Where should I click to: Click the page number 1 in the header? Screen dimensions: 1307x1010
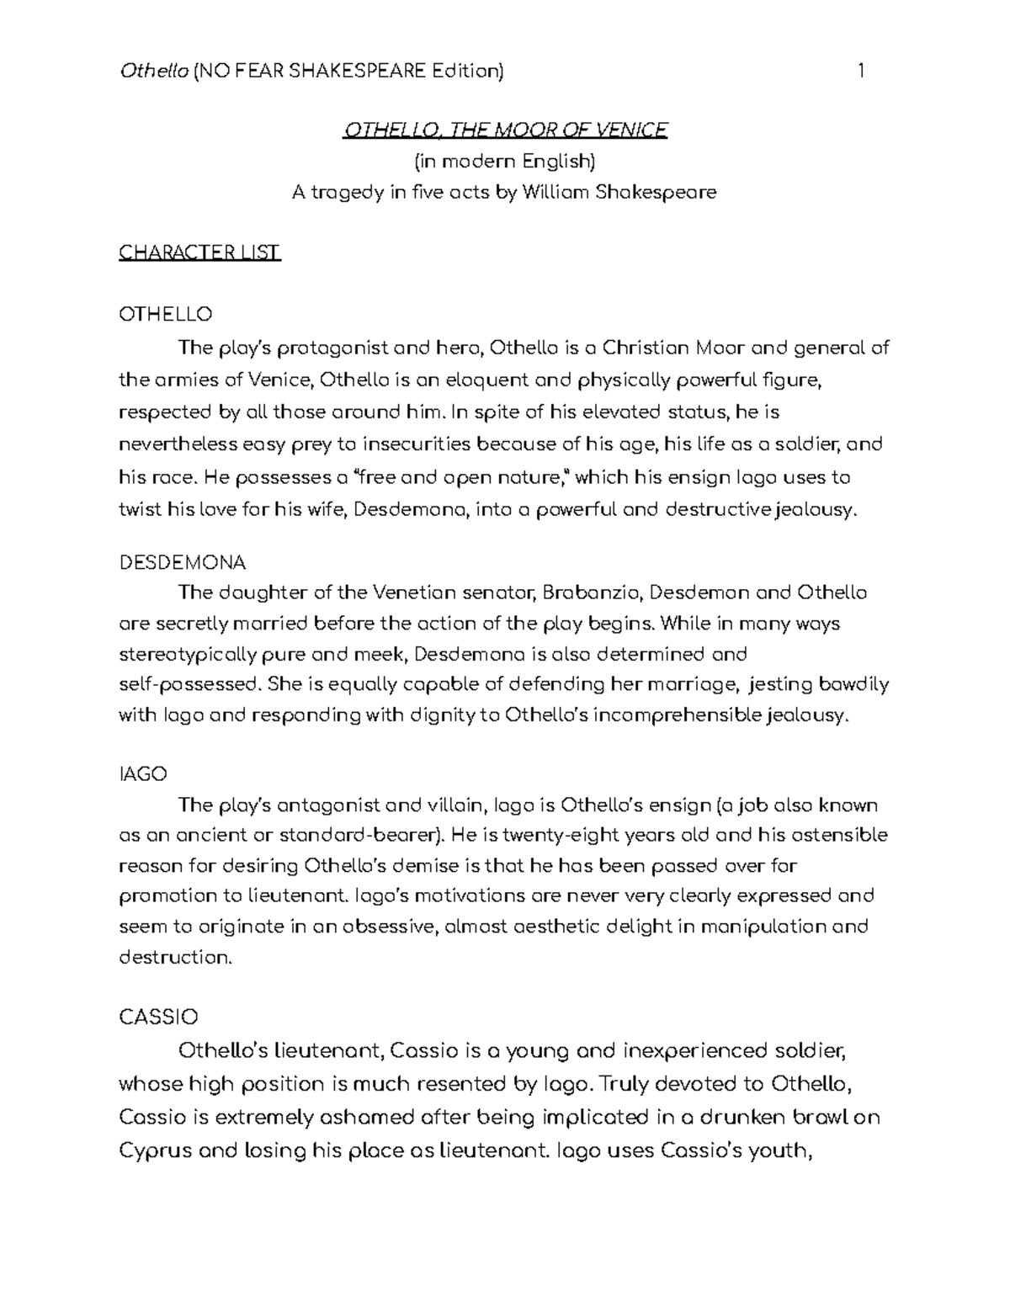(861, 71)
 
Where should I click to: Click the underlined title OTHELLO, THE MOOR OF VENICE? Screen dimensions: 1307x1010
(504, 130)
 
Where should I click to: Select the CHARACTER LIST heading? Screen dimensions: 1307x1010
(199, 252)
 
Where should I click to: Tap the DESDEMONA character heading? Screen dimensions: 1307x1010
(182, 562)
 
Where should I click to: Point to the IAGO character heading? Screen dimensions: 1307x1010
(143, 773)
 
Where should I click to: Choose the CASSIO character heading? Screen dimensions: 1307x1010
(158, 1017)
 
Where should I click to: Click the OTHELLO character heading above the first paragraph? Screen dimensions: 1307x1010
(166, 315)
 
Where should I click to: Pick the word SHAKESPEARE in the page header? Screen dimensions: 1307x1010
(357, 71)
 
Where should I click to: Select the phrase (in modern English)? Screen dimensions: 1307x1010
(504, 161)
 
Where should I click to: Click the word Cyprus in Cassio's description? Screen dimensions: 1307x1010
(154, 1150)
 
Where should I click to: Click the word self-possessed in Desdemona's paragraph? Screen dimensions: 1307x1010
(190, 684)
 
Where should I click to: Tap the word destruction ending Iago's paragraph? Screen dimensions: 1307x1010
(174, 958)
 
